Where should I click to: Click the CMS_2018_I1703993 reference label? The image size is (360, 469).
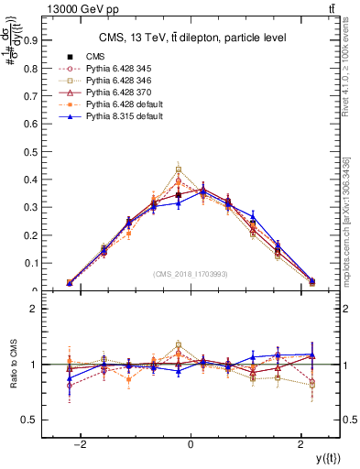[190, 274]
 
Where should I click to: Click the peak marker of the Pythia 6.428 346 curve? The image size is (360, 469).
[179, 169]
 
